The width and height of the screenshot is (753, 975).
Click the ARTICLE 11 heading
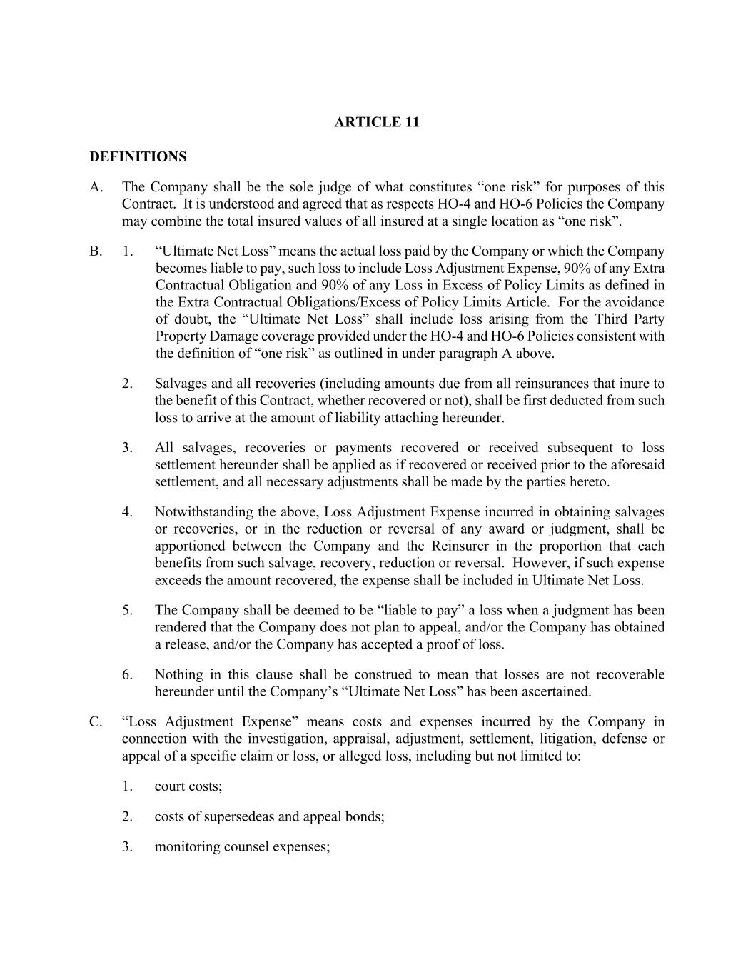377,122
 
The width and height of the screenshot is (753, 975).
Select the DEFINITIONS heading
138,156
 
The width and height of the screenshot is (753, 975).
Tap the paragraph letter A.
96,187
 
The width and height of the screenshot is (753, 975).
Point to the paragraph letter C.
96,721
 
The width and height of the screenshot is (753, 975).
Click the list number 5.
127,610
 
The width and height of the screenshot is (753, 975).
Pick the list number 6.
127,674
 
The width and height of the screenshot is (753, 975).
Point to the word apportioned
191,546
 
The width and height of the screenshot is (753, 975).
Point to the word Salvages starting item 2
181,384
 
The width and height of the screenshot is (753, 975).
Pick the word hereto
589,481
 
